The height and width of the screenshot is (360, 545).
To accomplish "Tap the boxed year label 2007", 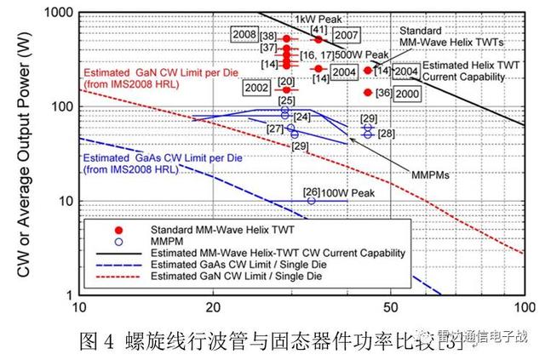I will (x=345, y=36).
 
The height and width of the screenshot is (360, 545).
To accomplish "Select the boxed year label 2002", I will (x=255, y=88).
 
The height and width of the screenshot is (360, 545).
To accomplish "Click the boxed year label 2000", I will (x=407, y=93).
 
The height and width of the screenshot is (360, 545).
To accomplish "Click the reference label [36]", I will (x=383, y=93).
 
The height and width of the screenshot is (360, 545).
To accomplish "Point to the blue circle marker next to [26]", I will (x=311, y=201).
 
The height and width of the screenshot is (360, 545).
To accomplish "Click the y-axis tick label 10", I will (x=61, y=202).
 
